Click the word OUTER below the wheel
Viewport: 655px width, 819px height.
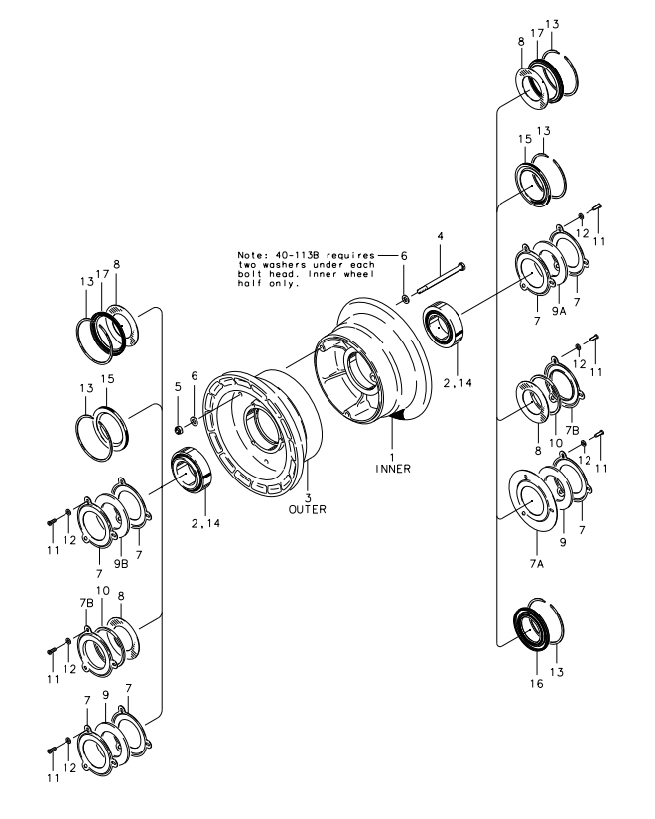[x=308, y=510]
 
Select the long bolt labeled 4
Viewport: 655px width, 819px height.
[x=442, y=277]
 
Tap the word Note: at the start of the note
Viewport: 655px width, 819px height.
[x=250, y=256]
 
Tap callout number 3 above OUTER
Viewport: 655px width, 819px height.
[x=308, y=497]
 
